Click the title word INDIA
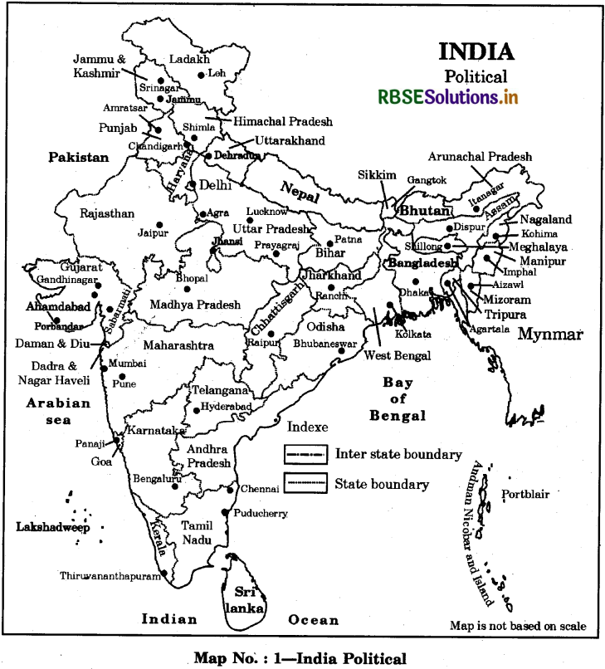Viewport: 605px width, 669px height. (476, 51)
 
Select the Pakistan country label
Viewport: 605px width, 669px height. (78, 158)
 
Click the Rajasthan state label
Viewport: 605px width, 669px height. (107, 213)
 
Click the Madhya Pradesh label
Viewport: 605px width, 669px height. (195, 305)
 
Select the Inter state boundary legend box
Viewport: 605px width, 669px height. (306, 455)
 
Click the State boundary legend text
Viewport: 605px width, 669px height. (382, 484)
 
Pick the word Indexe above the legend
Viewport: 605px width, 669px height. (306, 427)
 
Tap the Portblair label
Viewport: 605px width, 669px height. (525, 495)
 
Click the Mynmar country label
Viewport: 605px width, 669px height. (550, 334)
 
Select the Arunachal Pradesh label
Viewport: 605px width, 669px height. (480, 156)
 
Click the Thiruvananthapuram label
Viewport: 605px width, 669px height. (110, 575)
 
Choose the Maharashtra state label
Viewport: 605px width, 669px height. (178, 344)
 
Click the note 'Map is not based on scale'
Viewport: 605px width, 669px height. (518, 626)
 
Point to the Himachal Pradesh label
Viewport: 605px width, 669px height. (282, 121)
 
